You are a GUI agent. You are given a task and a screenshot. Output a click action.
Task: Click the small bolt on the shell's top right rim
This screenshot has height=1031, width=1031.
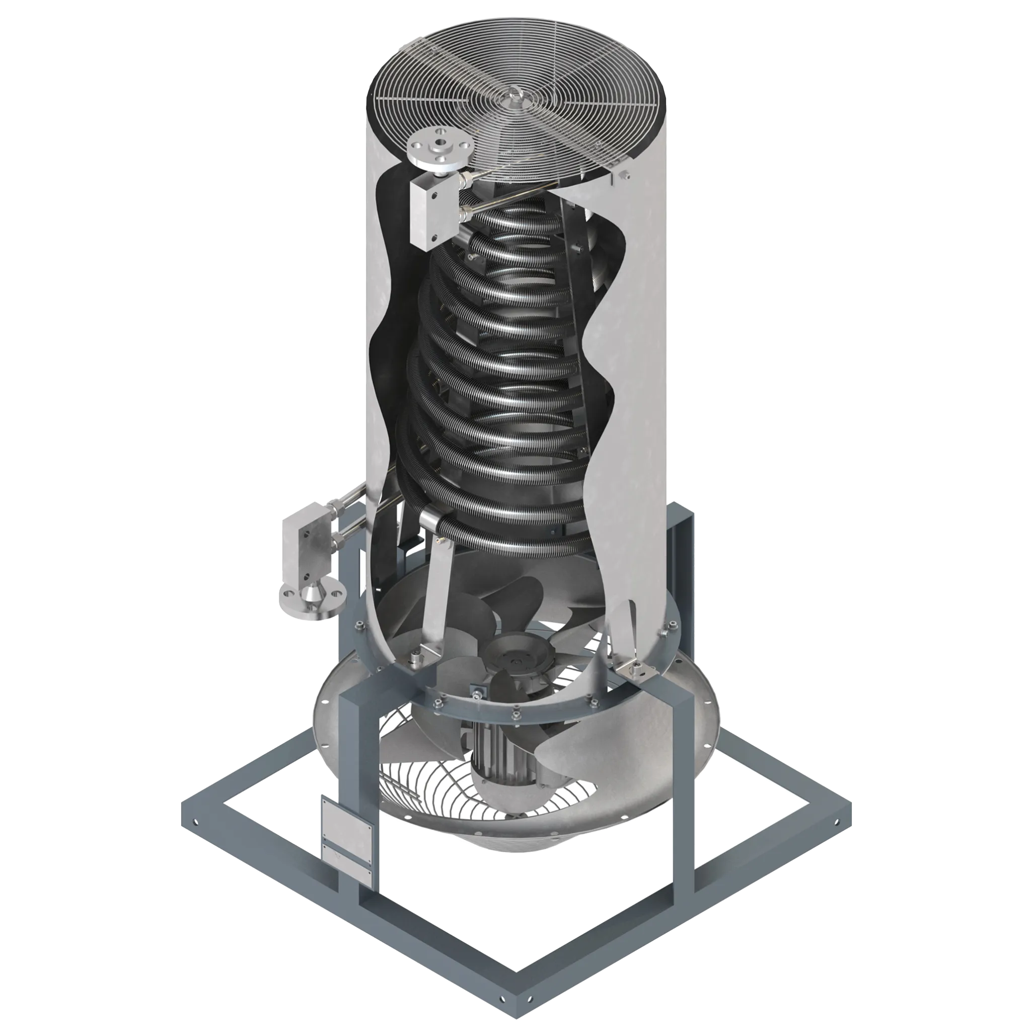[x=623, y=174]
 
